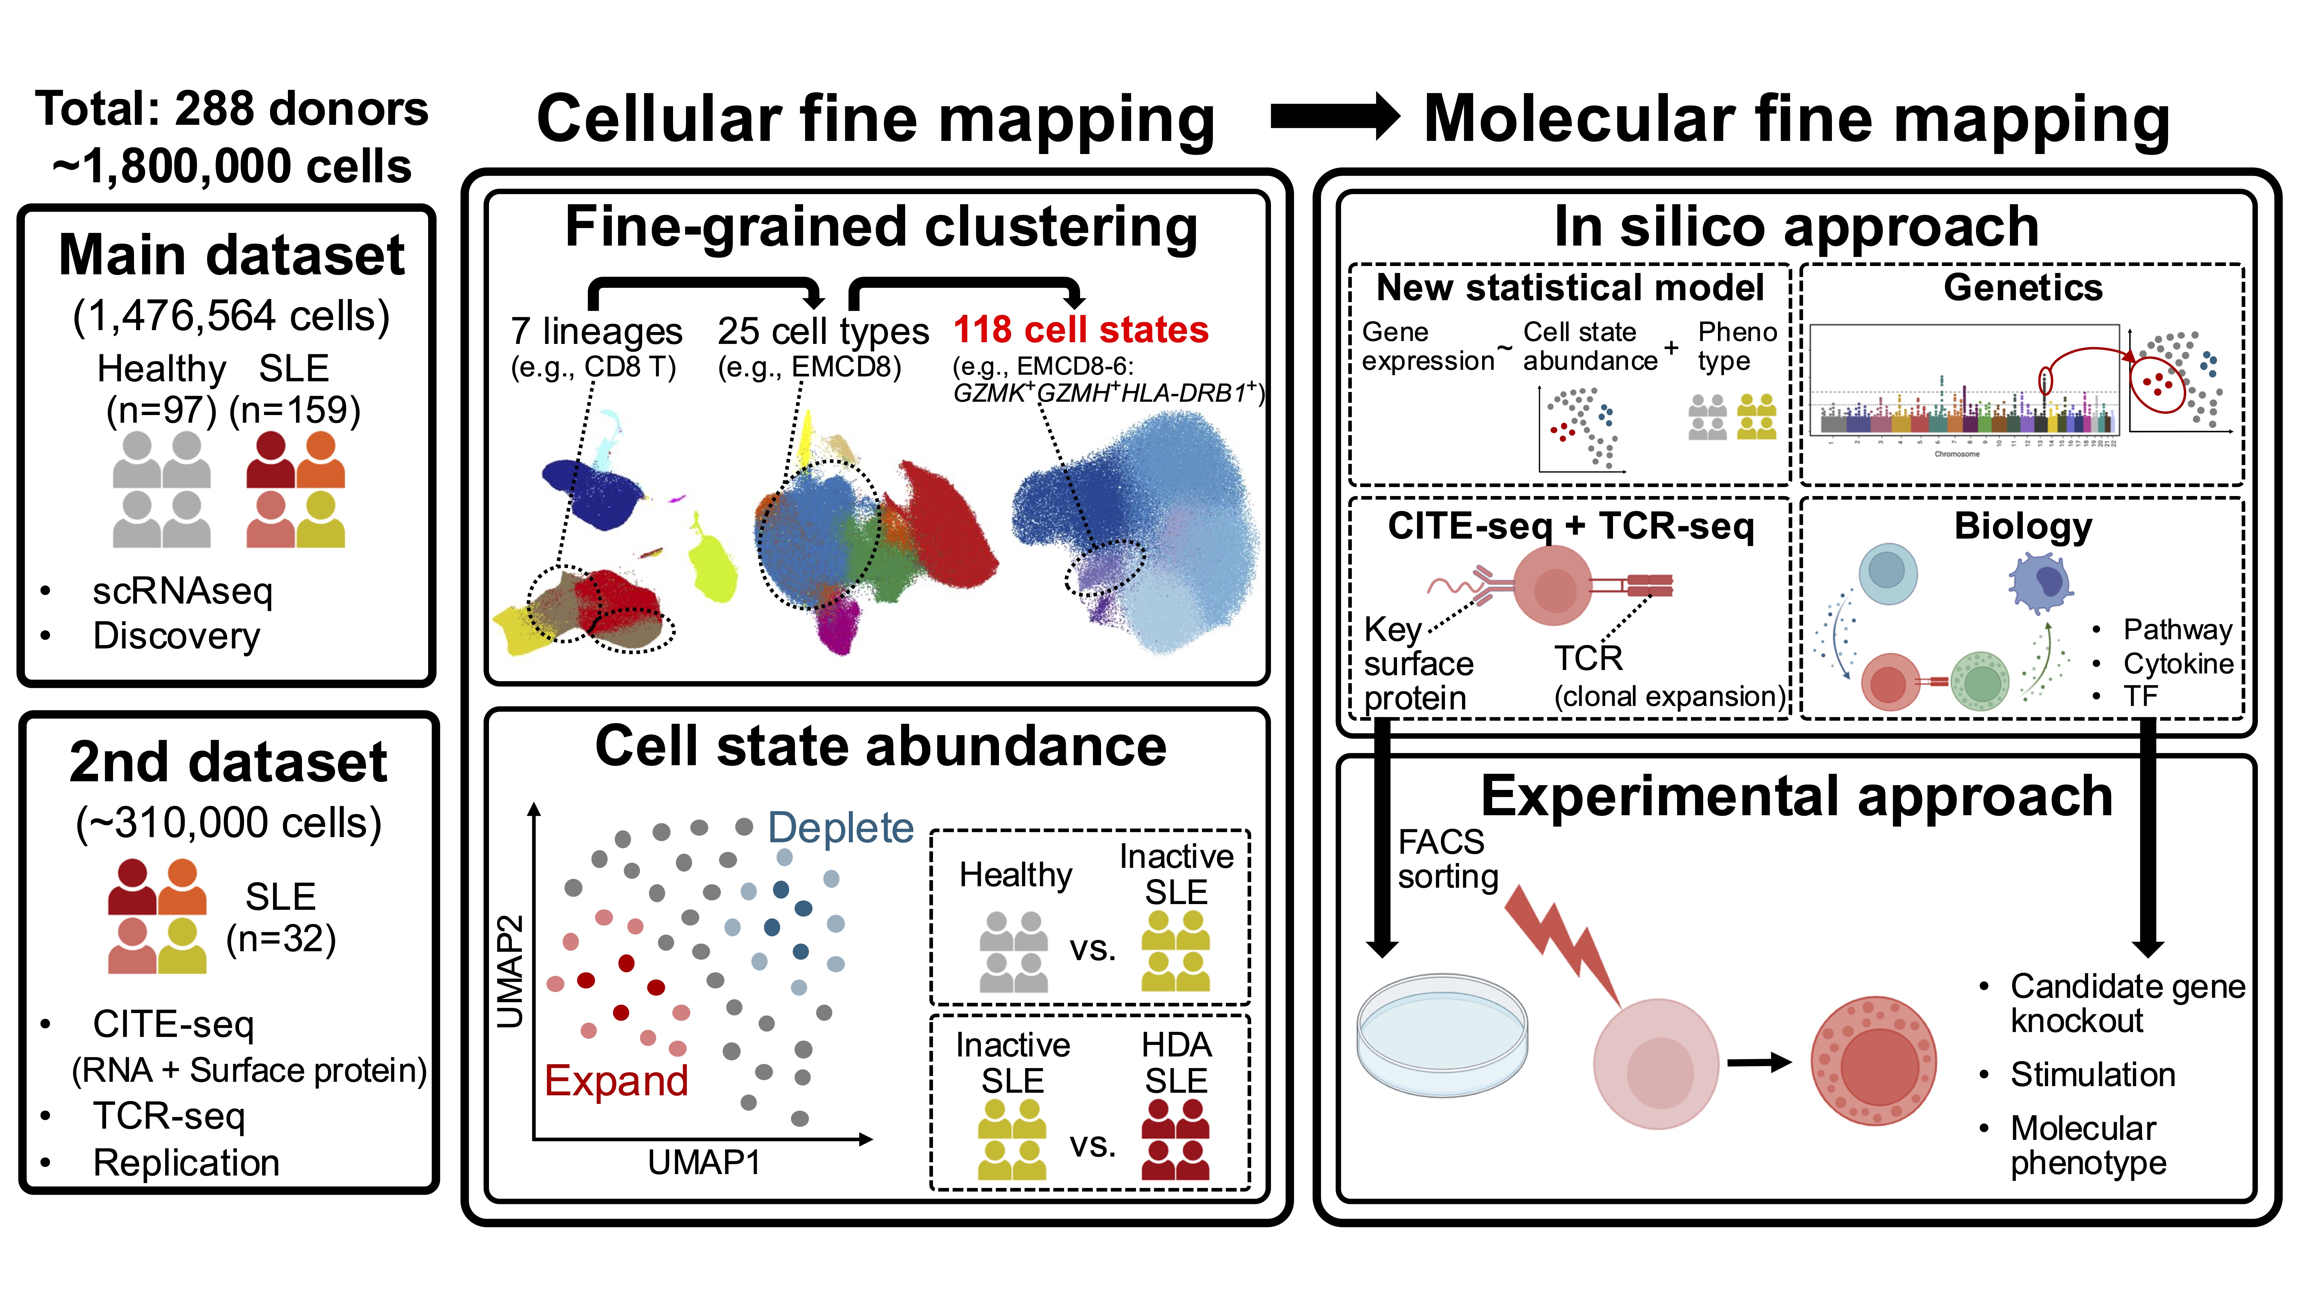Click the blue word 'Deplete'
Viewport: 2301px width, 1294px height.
click(840, 828)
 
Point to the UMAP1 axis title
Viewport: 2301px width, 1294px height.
click(704, 1163)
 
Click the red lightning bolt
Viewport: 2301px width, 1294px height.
click(1563, 947)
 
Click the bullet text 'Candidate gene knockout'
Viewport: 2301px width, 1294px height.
click(2126, 1003)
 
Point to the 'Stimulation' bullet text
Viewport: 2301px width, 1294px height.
click(2092, 1074)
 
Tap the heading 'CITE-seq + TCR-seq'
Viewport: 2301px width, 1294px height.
click(1570, 526)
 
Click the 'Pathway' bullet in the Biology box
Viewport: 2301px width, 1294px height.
click(2177, 629)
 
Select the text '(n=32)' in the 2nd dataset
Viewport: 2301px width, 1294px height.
click(281, 939)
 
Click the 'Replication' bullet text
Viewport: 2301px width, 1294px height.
click(186, 1163)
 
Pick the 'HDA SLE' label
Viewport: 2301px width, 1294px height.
click(1176, 1063)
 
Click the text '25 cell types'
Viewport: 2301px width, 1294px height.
click(823, 331)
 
